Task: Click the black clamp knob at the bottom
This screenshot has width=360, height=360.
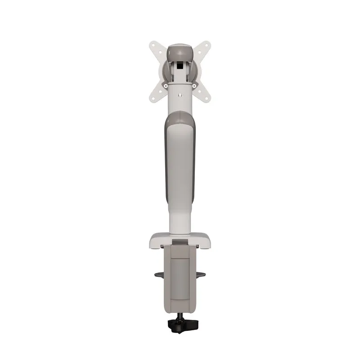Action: (180, 323)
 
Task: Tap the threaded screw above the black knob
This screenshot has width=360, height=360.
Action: (180, 314)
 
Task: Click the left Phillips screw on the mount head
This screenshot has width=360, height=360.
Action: (166, 85)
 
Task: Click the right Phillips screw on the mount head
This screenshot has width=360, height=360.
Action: (194, 85)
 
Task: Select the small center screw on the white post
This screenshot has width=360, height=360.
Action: (180, 95)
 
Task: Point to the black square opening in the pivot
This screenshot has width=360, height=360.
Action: (180, 66)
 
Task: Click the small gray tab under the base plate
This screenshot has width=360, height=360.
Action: (180, 243)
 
